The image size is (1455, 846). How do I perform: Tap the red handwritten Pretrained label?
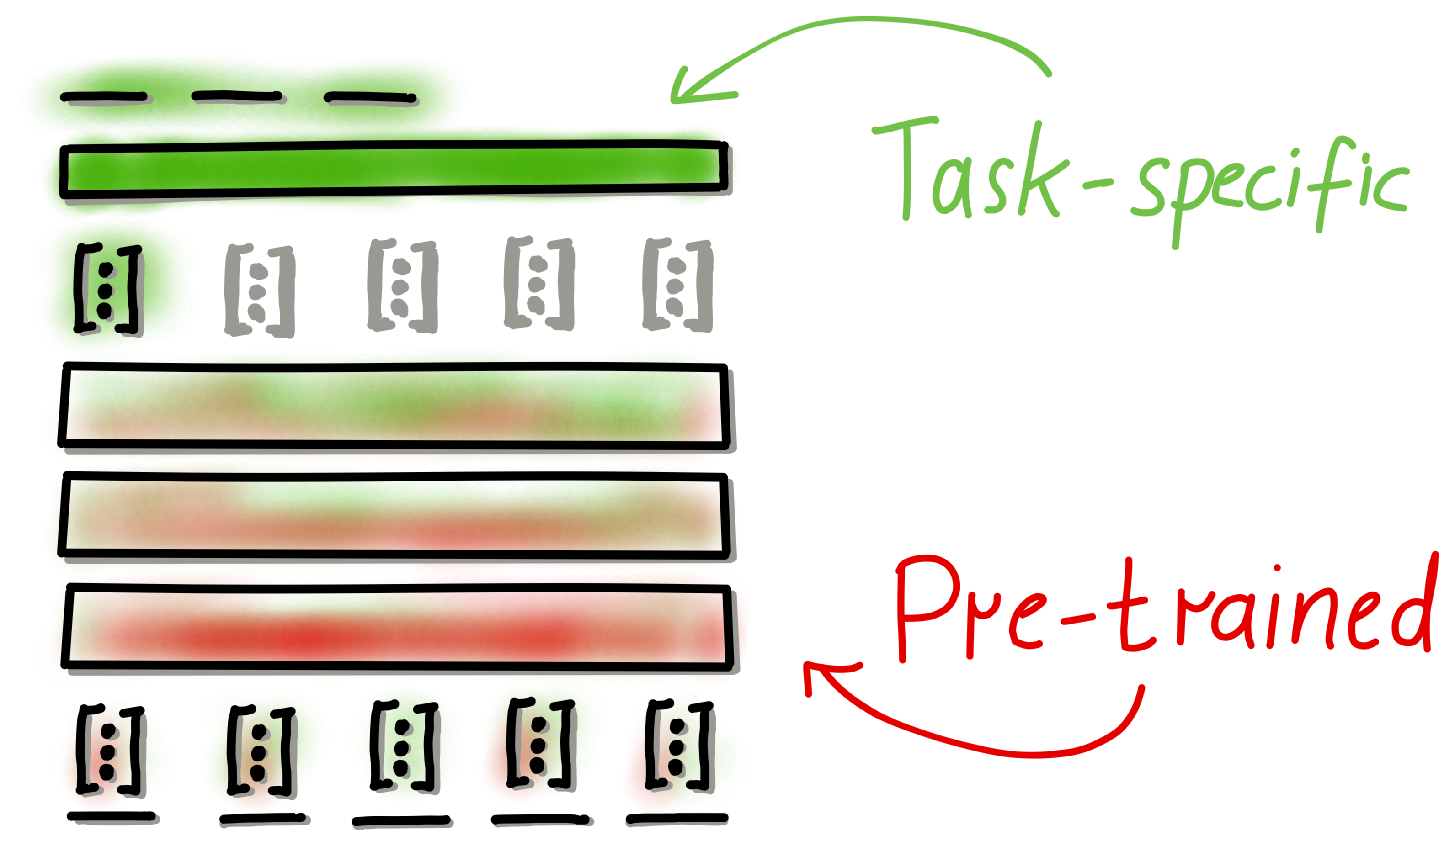(1161, 618)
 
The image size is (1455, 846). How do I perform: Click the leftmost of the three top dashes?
(104, 98)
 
